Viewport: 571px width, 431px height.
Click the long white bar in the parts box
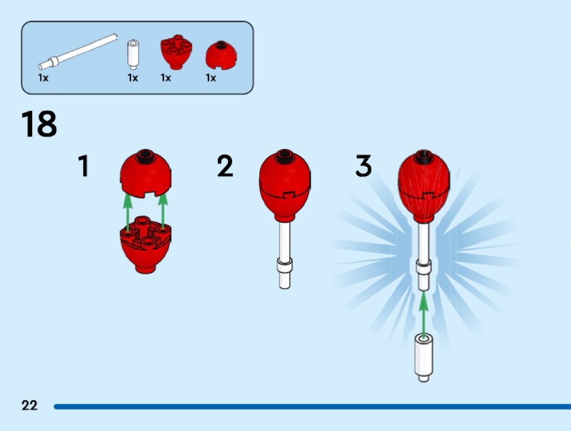(x=78, y=52)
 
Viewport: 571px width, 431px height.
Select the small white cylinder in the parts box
(x=133, y=54)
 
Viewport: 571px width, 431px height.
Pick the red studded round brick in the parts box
(x=177, y=52)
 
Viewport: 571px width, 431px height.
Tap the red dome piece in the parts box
(x=221, y=55)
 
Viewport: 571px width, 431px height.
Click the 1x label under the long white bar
(x=44, y=78)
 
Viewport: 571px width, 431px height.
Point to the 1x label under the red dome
(x=211, y=78)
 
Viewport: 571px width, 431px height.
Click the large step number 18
(x=39, y=124)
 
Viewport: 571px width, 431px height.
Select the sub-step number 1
(x=84, y=166)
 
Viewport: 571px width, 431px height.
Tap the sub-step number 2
(x=225, y=166)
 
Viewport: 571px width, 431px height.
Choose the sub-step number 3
(x=363, y=166)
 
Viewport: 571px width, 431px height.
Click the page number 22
(x=29, y=405)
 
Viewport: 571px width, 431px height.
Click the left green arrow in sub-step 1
(x=127, y=211)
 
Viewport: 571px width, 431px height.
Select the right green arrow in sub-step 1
(x=163, y=211)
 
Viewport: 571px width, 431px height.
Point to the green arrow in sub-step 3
(x=423, y=315)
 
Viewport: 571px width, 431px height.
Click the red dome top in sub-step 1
(x=146, y=173)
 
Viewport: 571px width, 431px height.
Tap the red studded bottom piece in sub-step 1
(x=146, y=245)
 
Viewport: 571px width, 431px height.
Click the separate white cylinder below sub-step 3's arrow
(x=424, y=358)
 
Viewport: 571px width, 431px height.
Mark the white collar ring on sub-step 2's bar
(x=285, y=265)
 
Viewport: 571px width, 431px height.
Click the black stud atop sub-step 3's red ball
(x=424, y=155)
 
